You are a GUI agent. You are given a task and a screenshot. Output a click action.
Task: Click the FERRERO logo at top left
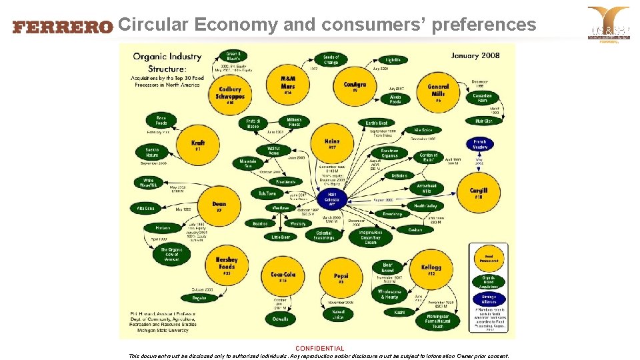click(63, 27)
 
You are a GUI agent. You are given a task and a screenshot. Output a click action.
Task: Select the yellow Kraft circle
click(198, 145)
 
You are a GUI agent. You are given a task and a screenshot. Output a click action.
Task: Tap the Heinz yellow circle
click(332, 143)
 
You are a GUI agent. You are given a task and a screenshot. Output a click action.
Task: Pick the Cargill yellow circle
click(478, 192)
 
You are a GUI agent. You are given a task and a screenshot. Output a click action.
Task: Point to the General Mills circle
click(438, 91)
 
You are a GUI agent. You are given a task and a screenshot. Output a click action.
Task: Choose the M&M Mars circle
click(288, 83)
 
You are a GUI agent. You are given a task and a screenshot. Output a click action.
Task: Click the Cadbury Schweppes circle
click(229, 94)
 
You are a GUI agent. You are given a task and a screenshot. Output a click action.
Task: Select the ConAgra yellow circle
click(355, 87)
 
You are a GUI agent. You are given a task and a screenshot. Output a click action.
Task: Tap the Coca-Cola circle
click(283, 275)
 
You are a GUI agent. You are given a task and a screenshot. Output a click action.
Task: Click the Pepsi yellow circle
click(341, 277)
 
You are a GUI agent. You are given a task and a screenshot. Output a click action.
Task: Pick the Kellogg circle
click(431, 269)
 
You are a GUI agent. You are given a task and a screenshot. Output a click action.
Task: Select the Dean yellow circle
click(219, 206)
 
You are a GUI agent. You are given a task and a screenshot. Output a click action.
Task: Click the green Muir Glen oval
click(484, 121)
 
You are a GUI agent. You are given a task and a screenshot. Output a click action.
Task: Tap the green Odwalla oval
click(281, 319)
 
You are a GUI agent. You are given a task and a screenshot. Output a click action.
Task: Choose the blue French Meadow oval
click(480, 144)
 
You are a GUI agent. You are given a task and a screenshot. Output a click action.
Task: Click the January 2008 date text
click(475, 55)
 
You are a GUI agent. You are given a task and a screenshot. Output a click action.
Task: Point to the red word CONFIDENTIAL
click(320, 348)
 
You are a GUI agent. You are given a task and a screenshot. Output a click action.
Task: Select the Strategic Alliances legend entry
click(489, 299)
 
